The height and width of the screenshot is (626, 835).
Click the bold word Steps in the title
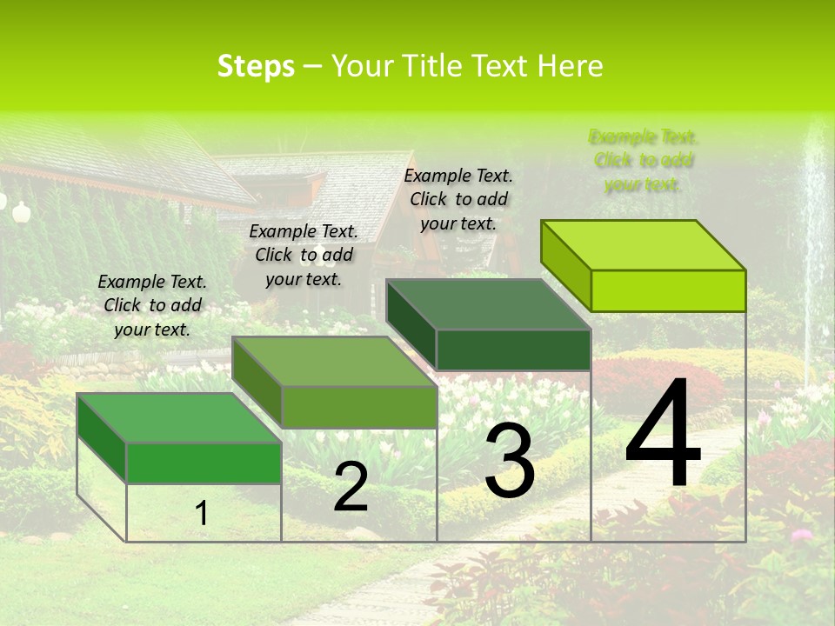click(x=256, y=66)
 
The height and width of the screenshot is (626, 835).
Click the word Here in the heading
click(x=571, y=66)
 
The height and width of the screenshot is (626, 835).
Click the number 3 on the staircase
click(x=510, y=462)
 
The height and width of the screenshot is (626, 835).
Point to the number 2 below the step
click(x=351, y=487)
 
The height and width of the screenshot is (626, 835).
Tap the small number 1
click(x=202, y=513)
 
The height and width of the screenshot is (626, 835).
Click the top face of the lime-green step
click(x=644, y=245)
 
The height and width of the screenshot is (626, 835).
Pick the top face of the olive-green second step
click(x=334, y=362)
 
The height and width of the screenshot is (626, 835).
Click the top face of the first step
click(x=179, y=418)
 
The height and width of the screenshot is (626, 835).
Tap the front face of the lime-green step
click(x=668, y=290)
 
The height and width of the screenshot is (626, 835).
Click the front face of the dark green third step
click(x=513, y=350)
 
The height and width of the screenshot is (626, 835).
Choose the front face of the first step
click(x=204, y=463)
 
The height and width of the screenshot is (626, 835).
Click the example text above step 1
click(x=152, y=305)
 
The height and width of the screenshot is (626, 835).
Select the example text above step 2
click(x=304, y=255)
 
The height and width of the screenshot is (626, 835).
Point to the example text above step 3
click(x=458, y=199)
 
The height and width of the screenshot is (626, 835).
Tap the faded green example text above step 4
click(x=644, y=160)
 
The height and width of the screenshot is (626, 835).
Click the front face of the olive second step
click(x=358, y=407)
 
